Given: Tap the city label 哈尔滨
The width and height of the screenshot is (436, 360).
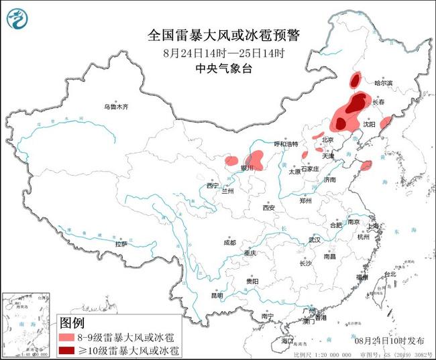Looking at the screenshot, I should [384, 83].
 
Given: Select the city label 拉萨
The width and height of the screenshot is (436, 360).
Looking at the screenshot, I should [121, 245].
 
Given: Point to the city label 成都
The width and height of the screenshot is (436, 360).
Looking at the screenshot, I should [230, 242].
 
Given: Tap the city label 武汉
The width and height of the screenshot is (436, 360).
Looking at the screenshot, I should [315, 239].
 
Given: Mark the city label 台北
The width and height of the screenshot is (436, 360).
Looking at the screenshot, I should [389, 275].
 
